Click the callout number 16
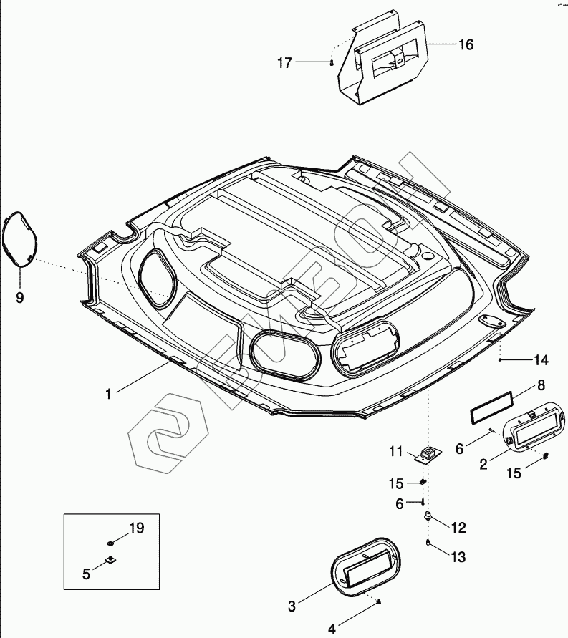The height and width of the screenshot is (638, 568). click(466, 44)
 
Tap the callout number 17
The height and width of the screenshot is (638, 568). click(285, 63)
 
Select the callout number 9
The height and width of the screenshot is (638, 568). click(19, 297)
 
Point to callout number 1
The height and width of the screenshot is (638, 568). click(108, 393)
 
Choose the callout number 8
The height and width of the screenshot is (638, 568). click(541, 385)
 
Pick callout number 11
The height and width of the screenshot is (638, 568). click(396, 451)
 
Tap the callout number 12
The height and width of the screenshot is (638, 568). click(458, 528)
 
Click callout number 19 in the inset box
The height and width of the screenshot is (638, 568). click(136, 528)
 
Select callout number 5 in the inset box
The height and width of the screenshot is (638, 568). click(86, 573)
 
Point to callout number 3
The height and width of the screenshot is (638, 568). click(292, 606)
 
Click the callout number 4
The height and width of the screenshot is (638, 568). click(332, 629)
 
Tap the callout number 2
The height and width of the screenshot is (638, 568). click(483, 463)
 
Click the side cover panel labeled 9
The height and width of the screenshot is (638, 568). click(19, 239)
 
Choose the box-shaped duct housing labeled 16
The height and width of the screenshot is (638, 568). click(387, 61)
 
